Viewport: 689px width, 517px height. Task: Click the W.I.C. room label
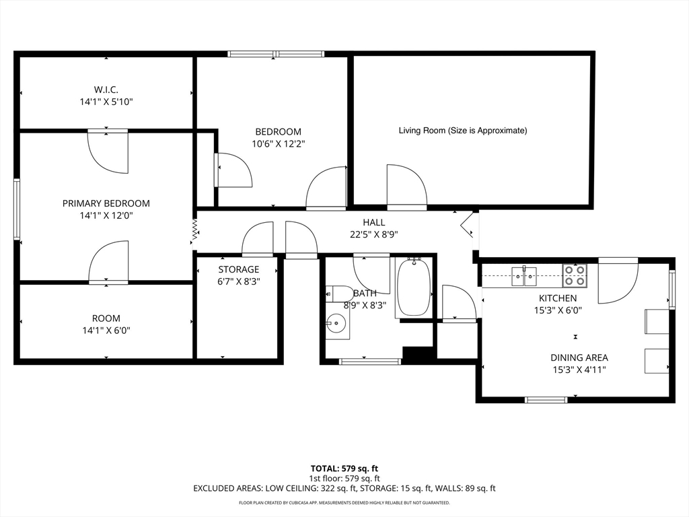pos(106,90)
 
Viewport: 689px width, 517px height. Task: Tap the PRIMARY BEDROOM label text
pos(106,203)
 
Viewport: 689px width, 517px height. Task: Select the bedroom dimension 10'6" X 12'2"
pos(278,144)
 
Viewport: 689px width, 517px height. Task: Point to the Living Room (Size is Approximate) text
pos(463,131)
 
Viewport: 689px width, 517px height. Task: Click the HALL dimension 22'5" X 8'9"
pos(374,234)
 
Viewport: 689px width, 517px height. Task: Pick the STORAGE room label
pos(239,269)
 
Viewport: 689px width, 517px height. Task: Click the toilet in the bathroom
pos(339,294)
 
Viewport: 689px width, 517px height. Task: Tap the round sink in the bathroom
pos(336,324)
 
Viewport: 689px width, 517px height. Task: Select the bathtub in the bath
pos(413,287)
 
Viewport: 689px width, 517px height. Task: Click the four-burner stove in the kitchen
pos(575,275)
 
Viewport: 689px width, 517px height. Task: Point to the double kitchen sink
pos(523,275)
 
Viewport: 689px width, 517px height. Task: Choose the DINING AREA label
pos(579,358)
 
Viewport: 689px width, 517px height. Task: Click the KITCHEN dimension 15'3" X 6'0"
pos(558,310)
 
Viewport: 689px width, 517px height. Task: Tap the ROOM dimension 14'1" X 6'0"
pos(106,331)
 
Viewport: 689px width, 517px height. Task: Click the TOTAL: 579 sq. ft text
pos(344,469)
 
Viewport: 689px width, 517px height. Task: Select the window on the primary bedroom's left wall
pos(17,209)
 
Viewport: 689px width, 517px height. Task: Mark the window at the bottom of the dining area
pos(546,400)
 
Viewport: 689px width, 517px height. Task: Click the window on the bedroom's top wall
pos(276,54)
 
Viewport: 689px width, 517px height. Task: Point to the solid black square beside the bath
pos(419,355)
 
